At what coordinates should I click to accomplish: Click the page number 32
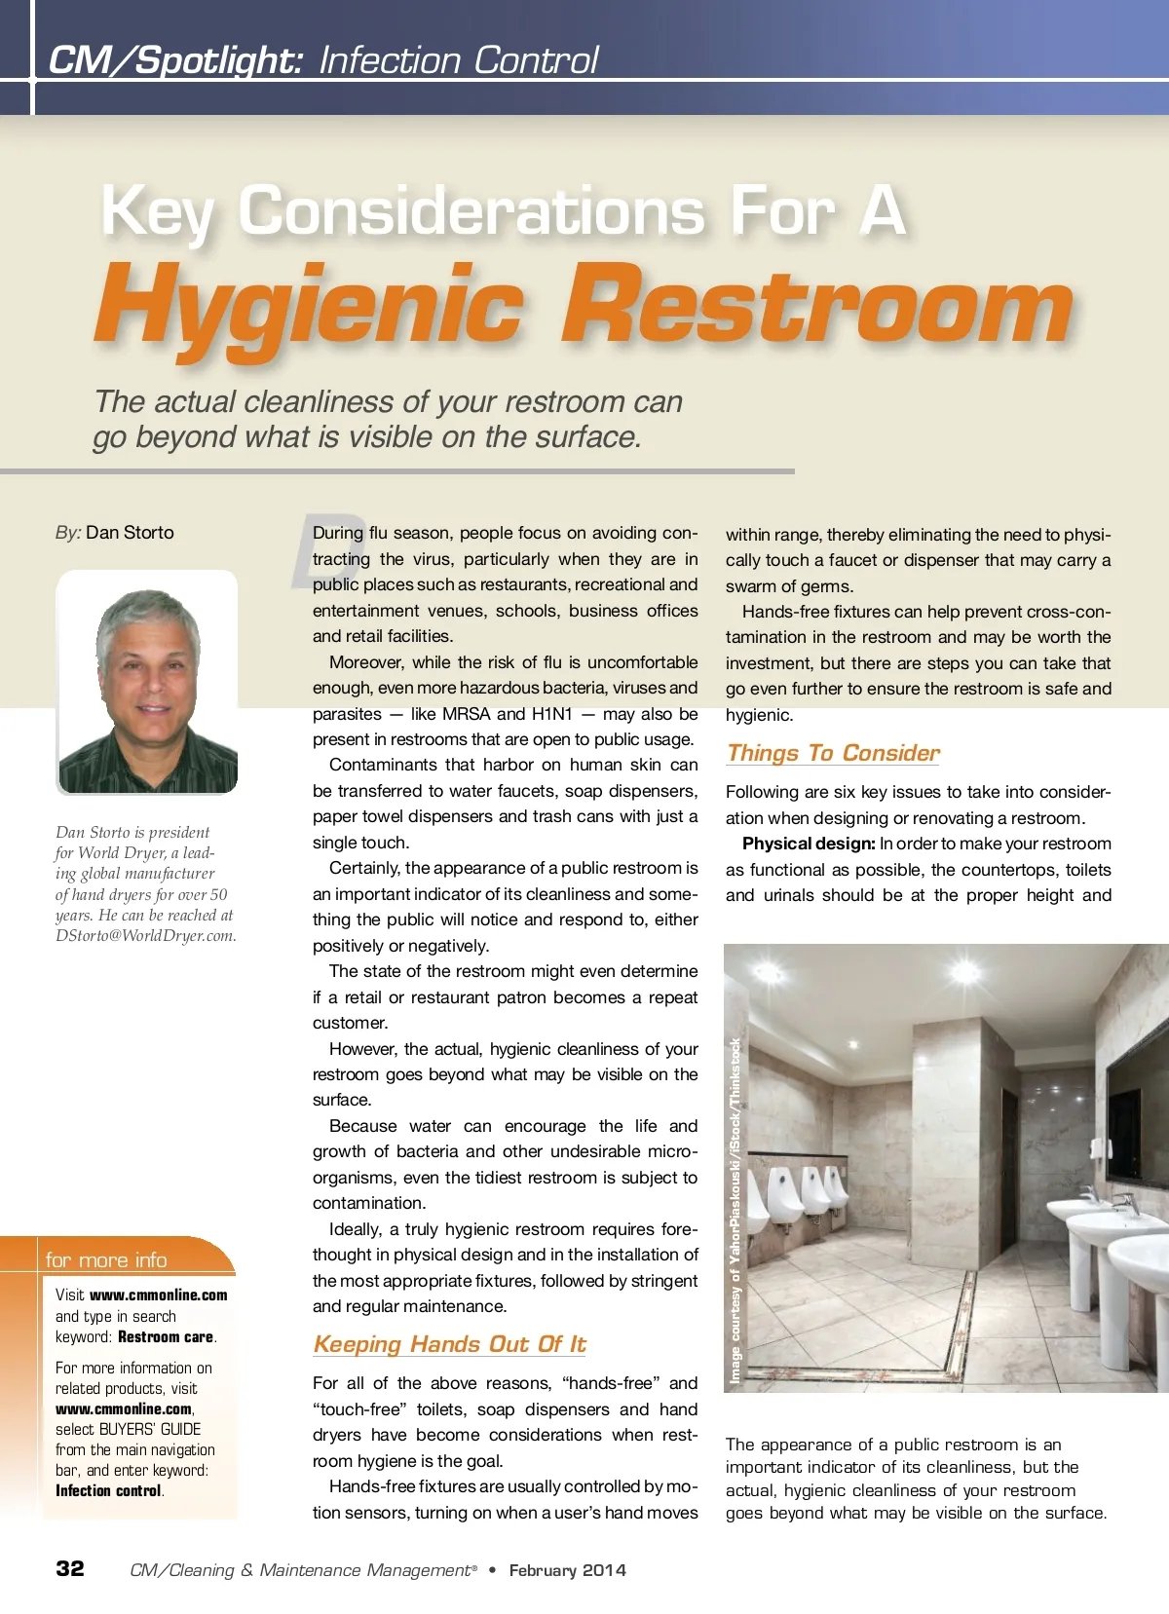[70, 1568]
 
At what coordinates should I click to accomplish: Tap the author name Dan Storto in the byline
[130, 533]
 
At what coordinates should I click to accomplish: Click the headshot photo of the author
[147, 682]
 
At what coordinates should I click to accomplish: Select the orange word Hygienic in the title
[309, 307]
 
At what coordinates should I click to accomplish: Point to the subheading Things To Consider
[833, 753]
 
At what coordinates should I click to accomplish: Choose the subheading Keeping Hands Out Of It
[449, 1344]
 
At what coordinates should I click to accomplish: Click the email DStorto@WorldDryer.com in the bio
[145, 936]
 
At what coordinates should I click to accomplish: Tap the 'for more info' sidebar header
[106, 1259]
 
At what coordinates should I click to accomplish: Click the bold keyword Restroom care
[166, 1337]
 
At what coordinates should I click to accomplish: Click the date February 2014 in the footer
[568, 1570]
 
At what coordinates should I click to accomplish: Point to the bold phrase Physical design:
[809, 844]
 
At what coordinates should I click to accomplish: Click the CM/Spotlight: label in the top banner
[175, 60]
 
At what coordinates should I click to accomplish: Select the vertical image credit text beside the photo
[736, 1212]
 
